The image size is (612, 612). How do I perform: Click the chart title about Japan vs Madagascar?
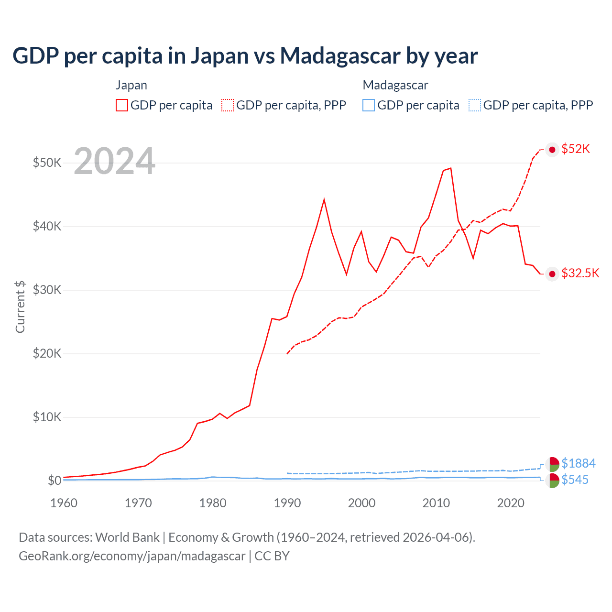(x=245, y=56)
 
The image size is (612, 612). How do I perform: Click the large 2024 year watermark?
(x=114, y=161)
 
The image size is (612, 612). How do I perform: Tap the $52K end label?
(x=576, y=149)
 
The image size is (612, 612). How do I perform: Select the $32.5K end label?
(x=580, y=273)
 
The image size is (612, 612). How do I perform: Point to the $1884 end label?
(x=578, y=463)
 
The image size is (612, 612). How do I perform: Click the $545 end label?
(x=575, y=480)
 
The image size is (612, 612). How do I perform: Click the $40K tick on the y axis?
(x=47, y=226)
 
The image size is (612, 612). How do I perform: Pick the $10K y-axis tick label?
(x=47, y=417)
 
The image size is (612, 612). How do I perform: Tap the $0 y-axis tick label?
(x=54, y=481)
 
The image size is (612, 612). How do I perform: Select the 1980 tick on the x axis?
(x=213, y=503)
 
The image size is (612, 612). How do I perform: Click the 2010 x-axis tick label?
(x=436, y=503)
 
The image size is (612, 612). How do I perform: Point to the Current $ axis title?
(x=20, y=306)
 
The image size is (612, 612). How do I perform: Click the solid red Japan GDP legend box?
(x=122, y=105)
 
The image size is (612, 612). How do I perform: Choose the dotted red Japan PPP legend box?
(x=228, y=105)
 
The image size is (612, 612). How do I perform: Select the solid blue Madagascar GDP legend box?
(x=369, y=105)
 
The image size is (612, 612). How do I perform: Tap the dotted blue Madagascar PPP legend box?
(x=475, y=105)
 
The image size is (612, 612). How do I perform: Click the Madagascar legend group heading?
(x=395, y=85)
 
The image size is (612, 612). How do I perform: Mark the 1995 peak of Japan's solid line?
(x=324, y=199)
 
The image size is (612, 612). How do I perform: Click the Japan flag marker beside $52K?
(x=552, y=150)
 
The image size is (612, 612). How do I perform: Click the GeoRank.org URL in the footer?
(x=132, y=556)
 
